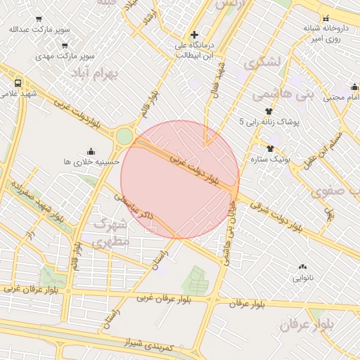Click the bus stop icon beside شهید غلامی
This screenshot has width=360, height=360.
pyautogui.click(x=18, y=82)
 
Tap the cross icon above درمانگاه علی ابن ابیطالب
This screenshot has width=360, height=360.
pyautogui.click(x=194, y=34)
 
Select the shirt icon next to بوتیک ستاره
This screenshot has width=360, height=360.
pyautogui.click(x=270, y=148)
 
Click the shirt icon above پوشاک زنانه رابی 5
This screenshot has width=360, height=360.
pyautogui.click(x=268, y=111)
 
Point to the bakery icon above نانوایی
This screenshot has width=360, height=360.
pyautogui.click(x=302, y=266)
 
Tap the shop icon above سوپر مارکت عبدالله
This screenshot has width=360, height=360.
pyautogui.click(x=37, y=20)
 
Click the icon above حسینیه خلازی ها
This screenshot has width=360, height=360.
pyautogui.click(x=91, y=151)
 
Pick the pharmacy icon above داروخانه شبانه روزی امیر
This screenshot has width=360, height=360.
pyautogui.click(x=326, y=19)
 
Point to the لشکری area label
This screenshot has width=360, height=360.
pyautogui.click(x=263, y=62)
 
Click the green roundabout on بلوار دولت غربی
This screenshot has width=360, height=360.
pyautogui.click(x=124, y=136)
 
